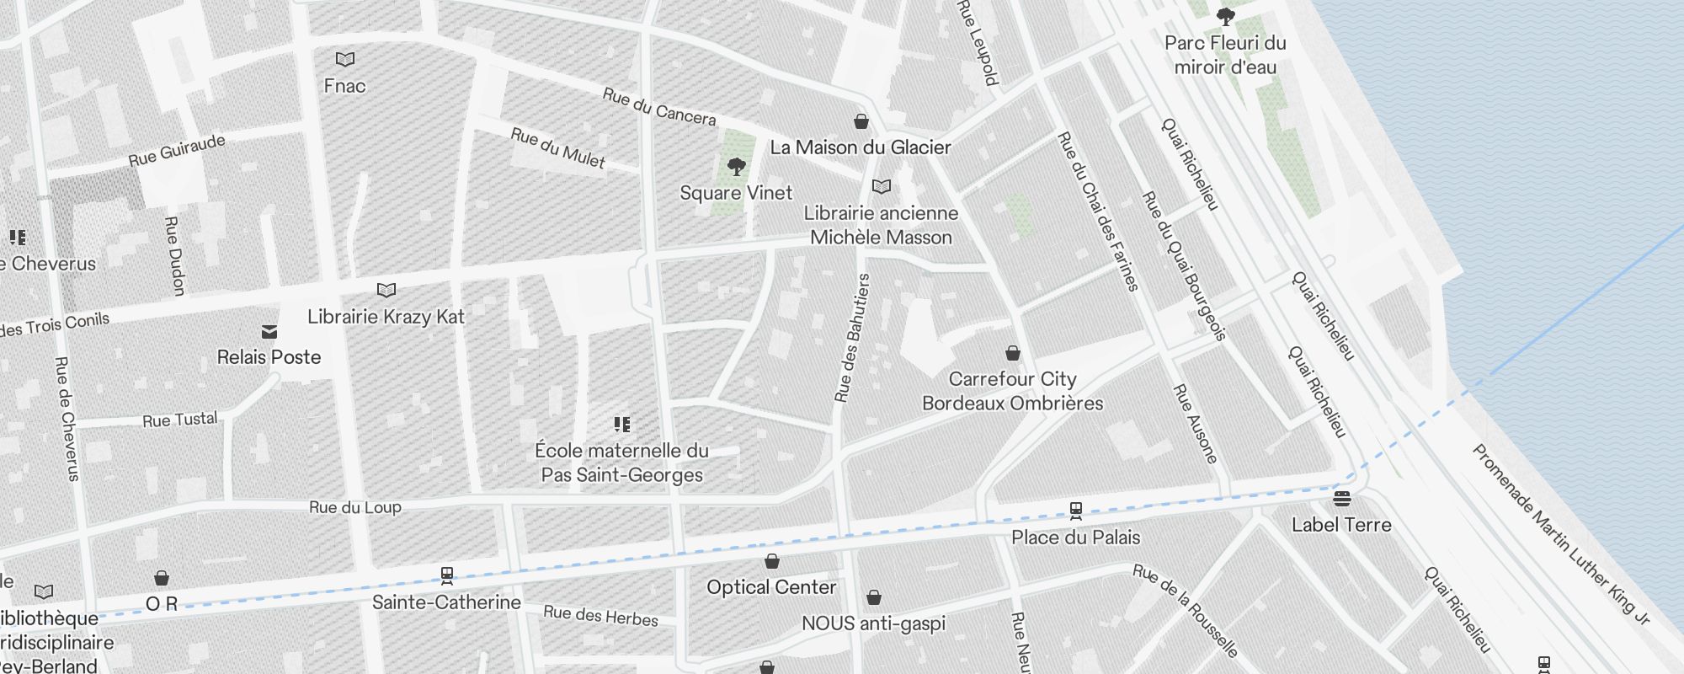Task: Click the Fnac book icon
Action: click(x=344, y=59)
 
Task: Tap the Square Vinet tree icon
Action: click(x=736, y=166)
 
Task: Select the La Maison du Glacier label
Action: click(x=860, y=147)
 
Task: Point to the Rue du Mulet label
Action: click(x=557, y=147)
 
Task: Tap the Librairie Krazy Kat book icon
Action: click(x=386, y=291)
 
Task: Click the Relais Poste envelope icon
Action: click(x=269, y=331)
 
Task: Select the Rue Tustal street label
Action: click(x=179, y=420)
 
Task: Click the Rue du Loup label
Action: click(x=354, y=507)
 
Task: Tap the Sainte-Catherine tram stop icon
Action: click(x=447, y=576)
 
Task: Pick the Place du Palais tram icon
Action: click(x=1075, y=511)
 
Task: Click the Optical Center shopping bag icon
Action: click(x=771, y=561)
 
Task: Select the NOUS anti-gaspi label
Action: click(x=873, y=623)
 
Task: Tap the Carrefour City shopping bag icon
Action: click(x=1013, y=353)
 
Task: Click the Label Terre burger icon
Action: click(x=1341, y=499)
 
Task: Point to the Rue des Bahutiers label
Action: click(x=851, y=337)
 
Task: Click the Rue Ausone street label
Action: click(x=1196, y=424)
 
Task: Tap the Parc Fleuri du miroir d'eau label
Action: click(x=1225, y=55)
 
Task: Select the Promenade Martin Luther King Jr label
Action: click(x=1559, y=534)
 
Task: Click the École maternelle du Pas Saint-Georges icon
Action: click(x=621, y=425)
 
